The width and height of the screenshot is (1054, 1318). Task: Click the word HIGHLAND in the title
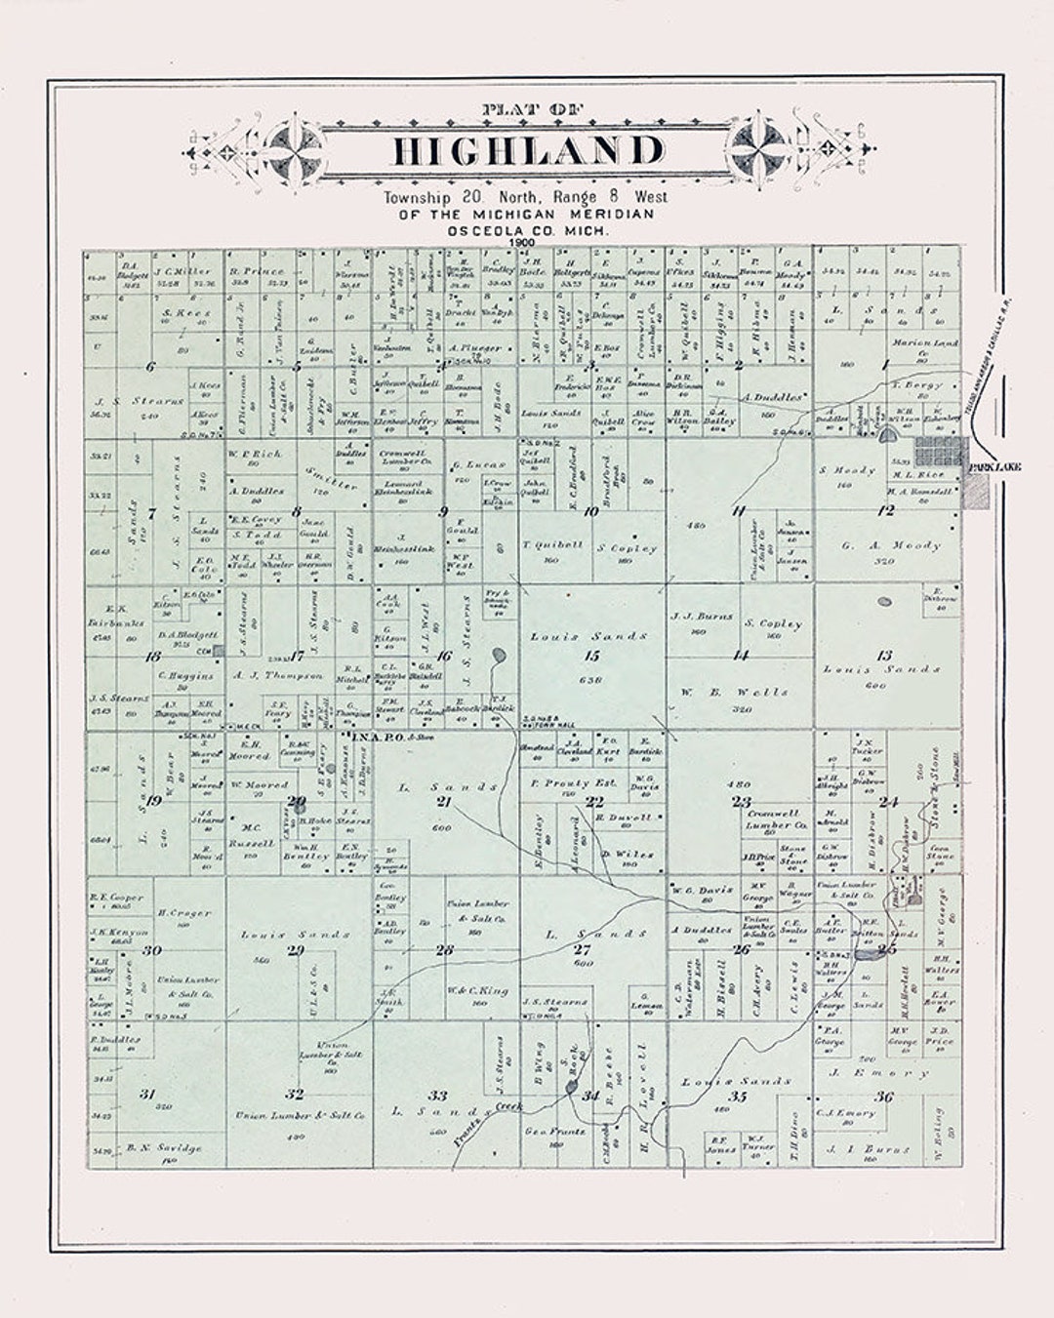(527, 151)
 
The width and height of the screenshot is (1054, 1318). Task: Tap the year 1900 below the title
(526, 241)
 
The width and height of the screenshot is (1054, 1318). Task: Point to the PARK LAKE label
(994, 468)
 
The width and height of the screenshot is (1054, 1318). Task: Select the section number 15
(591, 656)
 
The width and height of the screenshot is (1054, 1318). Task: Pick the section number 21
(444, 802)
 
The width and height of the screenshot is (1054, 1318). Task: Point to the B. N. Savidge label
(164, 1148)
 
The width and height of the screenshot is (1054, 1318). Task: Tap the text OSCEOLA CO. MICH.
(527, 229)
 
